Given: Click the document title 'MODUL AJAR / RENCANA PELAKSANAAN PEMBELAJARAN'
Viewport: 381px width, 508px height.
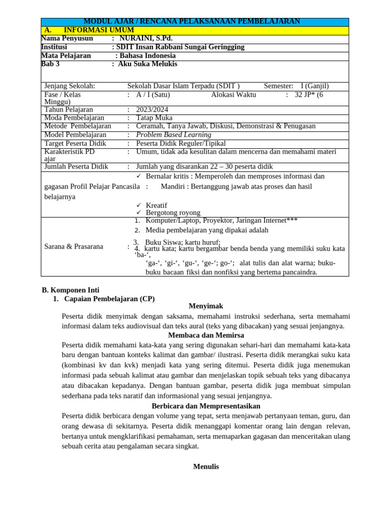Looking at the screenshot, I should tap(191, 21).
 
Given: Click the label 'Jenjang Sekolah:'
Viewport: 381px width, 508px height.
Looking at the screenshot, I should tap(69, 86).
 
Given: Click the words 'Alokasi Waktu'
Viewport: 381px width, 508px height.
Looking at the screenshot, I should tap(234, 94).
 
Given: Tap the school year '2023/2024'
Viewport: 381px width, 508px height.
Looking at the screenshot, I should tap(153, 110).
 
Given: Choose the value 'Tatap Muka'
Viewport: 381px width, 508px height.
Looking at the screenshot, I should tap(154, 118).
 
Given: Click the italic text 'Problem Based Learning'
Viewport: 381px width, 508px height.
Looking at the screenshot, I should tap(174, 135).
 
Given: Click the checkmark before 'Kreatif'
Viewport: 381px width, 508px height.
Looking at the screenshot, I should tap(139, 205).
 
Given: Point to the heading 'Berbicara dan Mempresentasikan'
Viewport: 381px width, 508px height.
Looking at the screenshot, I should tap(206, 406).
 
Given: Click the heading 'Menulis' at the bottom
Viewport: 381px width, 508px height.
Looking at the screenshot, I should tap(205, 466).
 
